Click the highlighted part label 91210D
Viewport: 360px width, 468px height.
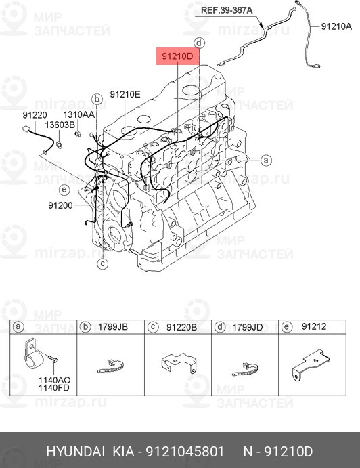[x=177, y=56]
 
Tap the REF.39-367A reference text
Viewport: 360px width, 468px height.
[x=227, y=10]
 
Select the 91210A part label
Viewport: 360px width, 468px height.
[x=336, y=26]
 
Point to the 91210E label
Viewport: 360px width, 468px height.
[x=125, y=94]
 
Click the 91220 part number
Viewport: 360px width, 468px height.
[x=35, y=115]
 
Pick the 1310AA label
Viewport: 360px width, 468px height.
[x=78, y=114]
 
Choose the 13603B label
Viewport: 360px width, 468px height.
[x=60, y=125]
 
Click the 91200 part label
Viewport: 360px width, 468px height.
[x=60, y=205]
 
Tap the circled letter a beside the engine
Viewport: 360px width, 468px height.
[x=266, y=161]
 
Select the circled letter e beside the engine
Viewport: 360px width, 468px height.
[x=64, y=190]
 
